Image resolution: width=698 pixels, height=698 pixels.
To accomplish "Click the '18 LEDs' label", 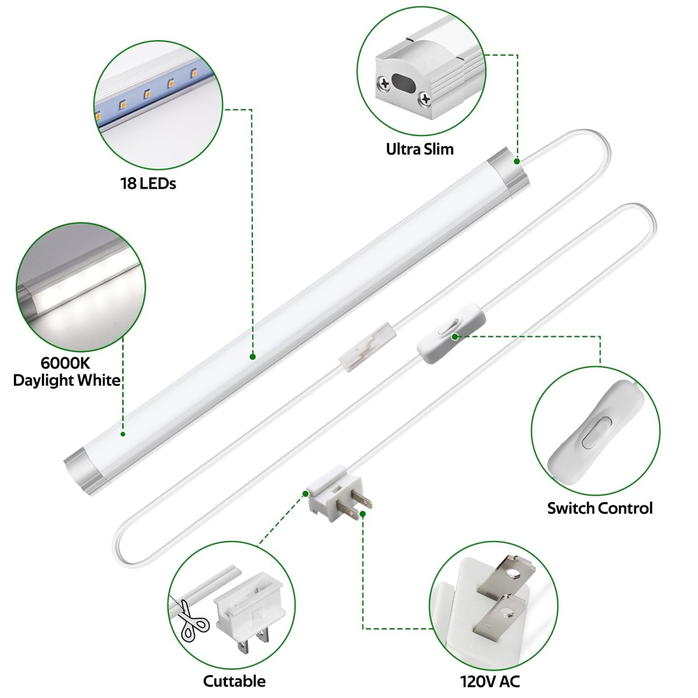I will point(148,184).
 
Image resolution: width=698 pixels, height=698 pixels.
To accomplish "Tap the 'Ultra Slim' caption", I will point(419,149).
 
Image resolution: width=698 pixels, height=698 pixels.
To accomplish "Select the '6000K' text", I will point(65,364).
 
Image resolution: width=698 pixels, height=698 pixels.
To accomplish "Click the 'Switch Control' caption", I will point(600,508).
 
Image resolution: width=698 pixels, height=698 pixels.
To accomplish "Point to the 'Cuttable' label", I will point(234,681).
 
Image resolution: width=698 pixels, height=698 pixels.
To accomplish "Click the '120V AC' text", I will point(490,681).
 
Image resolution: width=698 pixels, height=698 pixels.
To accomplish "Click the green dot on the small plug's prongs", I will point(362,514).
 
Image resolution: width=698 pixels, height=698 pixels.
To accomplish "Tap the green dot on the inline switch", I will point(455,336).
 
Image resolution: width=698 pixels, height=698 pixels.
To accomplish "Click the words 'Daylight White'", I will point(66,380).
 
